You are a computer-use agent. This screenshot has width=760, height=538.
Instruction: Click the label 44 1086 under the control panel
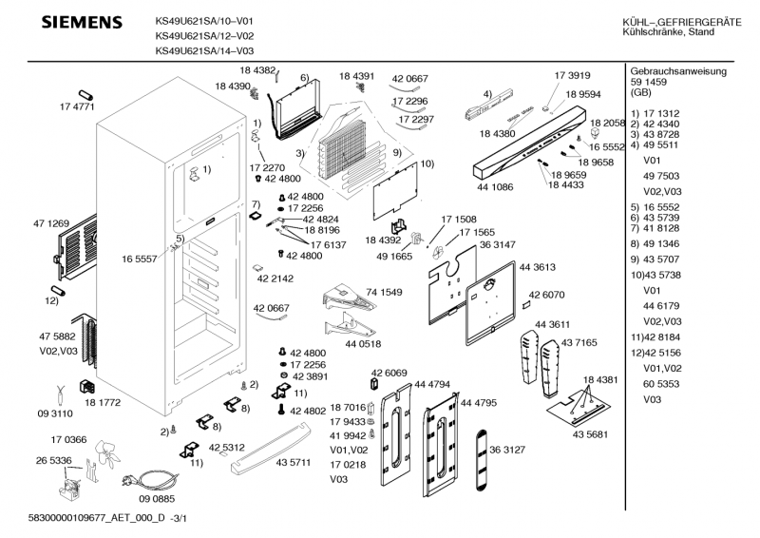click(x=494, y=187)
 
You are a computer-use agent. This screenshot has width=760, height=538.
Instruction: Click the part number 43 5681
click(x=591, y=434)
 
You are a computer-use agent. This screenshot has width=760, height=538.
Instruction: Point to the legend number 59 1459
click(x=650, y=82)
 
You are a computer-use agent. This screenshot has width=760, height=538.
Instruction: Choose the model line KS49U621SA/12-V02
click(x=203, y=35)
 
